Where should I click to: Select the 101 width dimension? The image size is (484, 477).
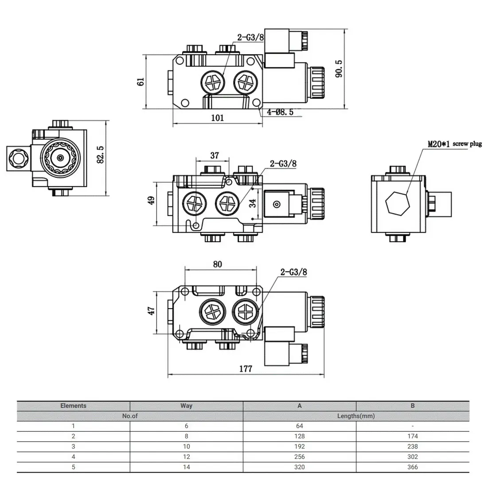click(217, 118)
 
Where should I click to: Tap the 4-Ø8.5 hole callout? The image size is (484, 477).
click(280, 112)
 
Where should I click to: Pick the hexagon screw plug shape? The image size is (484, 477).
click(398, 203)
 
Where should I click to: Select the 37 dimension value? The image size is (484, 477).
click(215, 156)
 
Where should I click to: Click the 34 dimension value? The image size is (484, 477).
click(253, 203)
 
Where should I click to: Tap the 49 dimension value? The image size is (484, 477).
click(152, 200)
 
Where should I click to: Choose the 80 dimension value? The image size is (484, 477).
click(217, 265)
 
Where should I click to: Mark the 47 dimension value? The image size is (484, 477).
click(152, 311)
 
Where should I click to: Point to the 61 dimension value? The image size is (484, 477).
click(141, 82)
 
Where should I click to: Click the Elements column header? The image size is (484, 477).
click(74, 406)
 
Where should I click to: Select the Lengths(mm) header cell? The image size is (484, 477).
click(356, 416)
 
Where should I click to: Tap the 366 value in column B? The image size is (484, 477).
click(412, 467)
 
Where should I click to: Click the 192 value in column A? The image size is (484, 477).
click(300, 446)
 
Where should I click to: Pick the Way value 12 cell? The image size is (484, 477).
click(186, 457)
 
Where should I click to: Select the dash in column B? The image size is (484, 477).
click(412, 426)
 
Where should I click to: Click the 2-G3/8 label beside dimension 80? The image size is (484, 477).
click(293, 272)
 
